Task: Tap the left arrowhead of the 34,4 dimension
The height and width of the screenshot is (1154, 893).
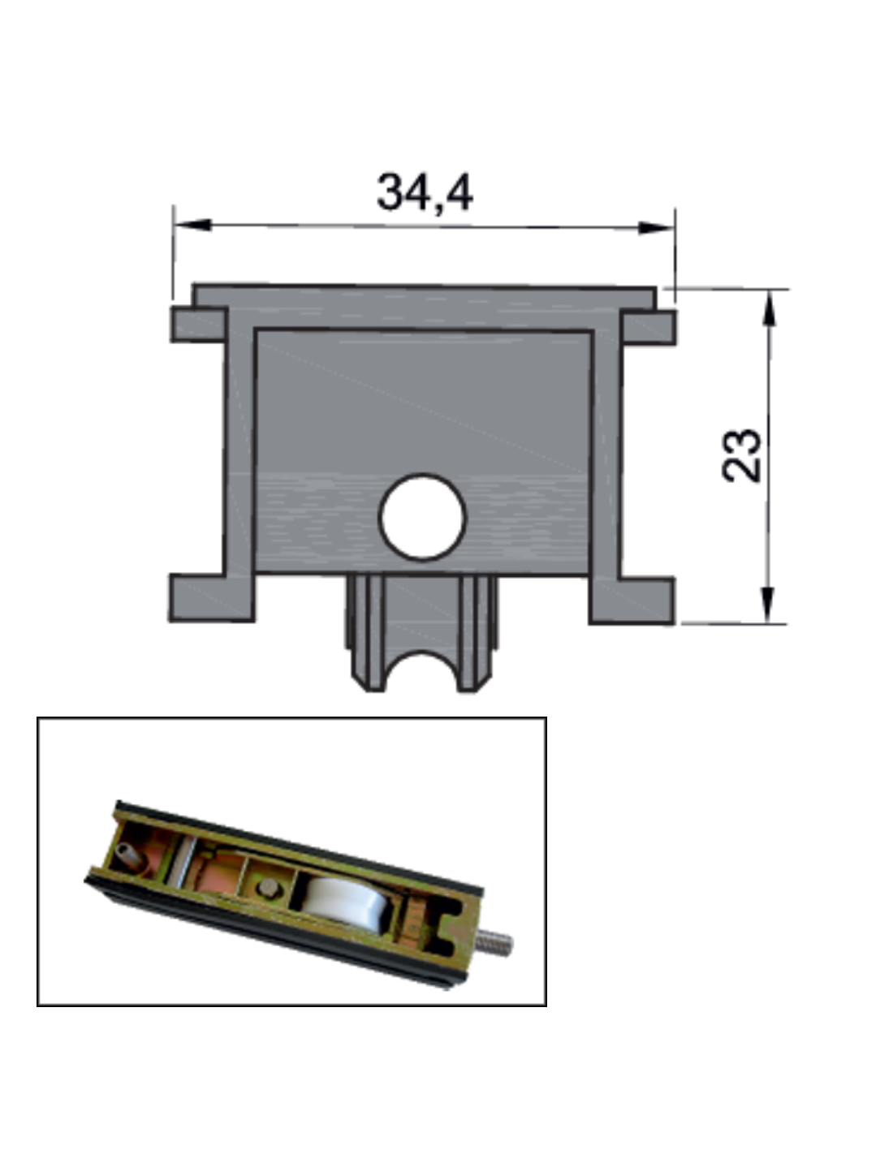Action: click(193, 225)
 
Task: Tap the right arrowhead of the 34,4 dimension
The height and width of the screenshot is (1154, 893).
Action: click(655, 228)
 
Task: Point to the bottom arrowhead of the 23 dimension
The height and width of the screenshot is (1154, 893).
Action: click(767, 605)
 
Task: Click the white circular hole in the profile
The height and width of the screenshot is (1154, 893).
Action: click(422, 517)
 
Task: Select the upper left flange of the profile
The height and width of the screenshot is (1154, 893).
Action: click(198, 325)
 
